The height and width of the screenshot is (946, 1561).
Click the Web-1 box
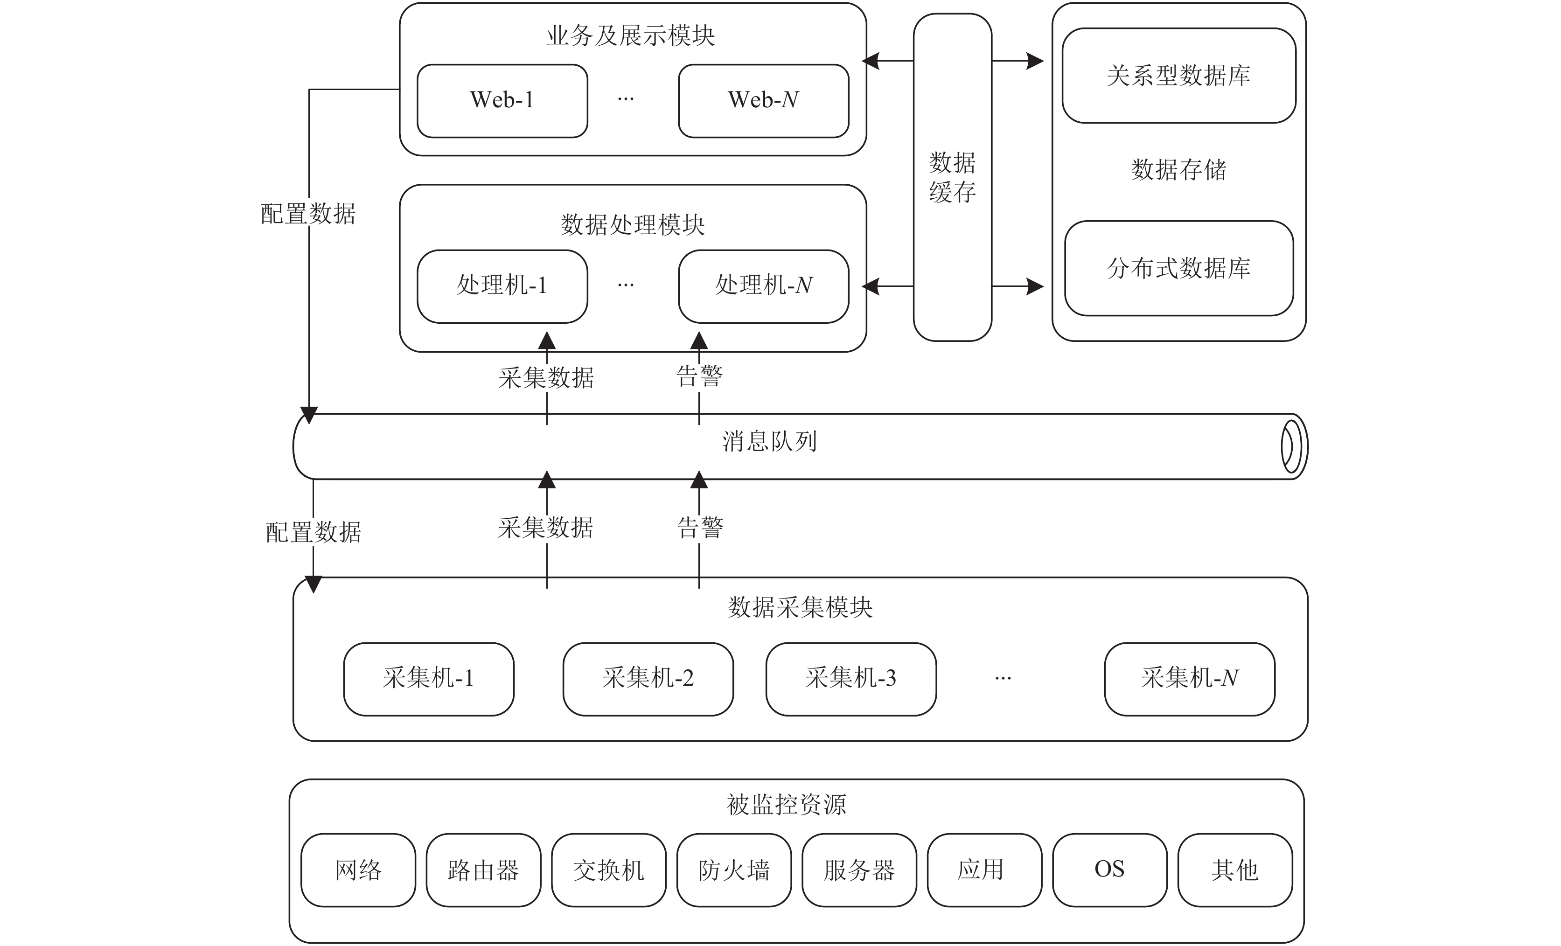coord(502,101)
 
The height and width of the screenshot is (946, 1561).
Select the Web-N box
coord(763,101)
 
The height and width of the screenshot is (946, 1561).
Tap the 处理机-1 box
coord(502,286)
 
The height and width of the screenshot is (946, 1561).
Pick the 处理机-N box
coord(763,286)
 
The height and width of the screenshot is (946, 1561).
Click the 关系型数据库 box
coord(1179,76)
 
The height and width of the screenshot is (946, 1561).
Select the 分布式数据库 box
coord(1179,268)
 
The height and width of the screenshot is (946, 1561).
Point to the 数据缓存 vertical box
coord(952,177)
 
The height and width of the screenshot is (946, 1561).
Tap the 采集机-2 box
coord(648,679)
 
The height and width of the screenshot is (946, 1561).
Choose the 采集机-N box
coord(1190,679)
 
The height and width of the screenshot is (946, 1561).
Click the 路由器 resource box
coord(483,870)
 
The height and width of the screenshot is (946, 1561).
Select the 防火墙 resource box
coord(734,870)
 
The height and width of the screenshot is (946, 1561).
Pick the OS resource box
coord(1110,870)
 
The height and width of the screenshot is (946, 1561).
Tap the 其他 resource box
coord(1235,870)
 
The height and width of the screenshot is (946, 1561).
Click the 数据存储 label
coord(1179,170)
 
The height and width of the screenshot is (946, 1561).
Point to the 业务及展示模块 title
coord(631,35)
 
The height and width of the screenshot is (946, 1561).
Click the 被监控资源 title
coord(786,805)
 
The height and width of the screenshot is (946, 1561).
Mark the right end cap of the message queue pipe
coord(1292,447)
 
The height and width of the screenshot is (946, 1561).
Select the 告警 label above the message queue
coord(699,376)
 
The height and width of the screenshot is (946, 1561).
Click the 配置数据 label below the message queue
coord(314,532)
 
